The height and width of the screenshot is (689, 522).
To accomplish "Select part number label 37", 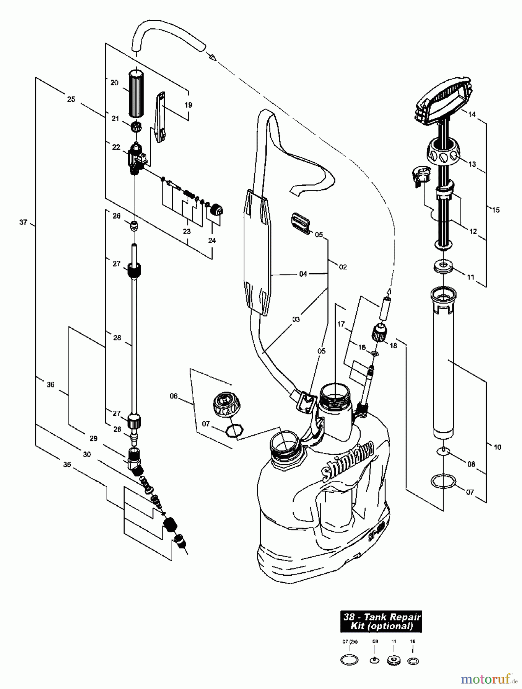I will [23, 222].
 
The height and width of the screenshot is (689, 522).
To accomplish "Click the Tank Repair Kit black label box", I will [381, 621].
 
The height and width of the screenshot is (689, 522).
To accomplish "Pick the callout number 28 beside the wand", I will [117, 338].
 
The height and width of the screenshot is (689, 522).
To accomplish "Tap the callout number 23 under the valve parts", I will [187, 231].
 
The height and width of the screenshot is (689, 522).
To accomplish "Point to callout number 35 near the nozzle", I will [67, 464].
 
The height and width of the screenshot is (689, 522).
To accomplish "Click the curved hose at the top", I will [168, 36].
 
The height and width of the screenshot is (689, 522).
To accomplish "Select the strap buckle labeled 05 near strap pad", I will [301, 223].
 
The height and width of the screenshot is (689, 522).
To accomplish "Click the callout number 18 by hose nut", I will [393, 345].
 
